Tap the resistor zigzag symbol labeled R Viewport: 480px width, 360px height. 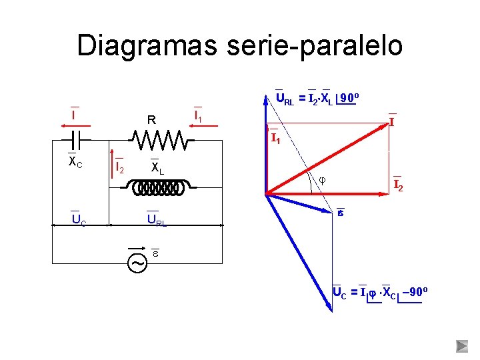click(159, 140)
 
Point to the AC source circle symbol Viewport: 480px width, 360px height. click(138, 263)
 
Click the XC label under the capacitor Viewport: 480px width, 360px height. click(75, 163)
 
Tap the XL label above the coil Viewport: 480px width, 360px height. click(157, 168)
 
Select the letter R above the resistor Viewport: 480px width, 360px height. click(152, 121)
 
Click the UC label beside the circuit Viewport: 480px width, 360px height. click(79, 220)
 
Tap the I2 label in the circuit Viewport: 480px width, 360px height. click(119, 167)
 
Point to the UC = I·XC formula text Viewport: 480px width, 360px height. click(377, 292)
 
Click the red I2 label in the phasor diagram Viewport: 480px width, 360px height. click(397, 185)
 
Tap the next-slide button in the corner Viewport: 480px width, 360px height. click(462, 346)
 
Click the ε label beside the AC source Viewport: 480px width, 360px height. click(155, 253)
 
